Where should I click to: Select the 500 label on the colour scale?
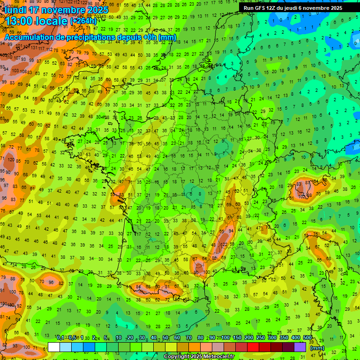tap(307, 337)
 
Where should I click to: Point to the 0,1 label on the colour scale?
tap(60, 337)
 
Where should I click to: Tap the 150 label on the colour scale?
tap(237, 337)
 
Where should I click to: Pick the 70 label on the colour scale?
tap(188, 337)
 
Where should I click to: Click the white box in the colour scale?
tap(54, 347)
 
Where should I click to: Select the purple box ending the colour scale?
tap(300, 347)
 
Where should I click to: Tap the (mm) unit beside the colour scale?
tap(317, 348)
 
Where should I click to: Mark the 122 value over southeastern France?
tap(225, 245)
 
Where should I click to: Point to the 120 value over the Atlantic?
tap(11, 160)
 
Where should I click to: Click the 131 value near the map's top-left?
tap(34, 48)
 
